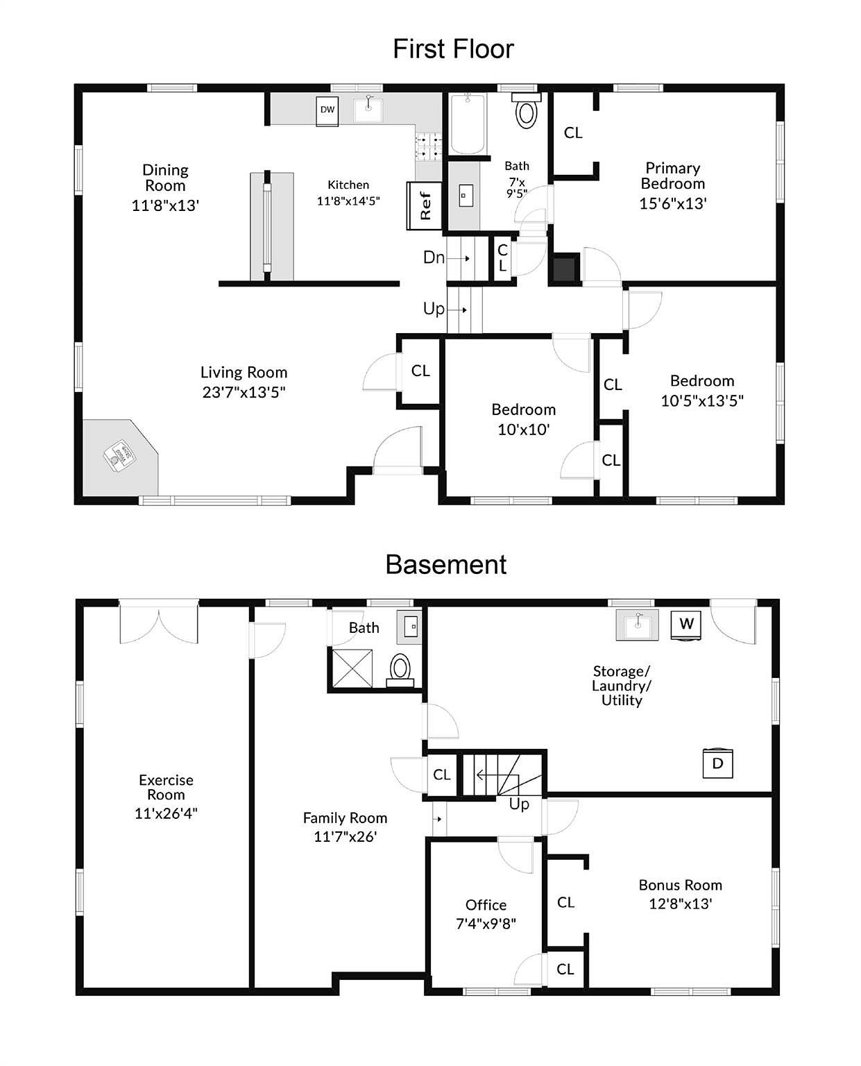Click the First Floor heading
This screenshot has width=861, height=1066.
point(453,49)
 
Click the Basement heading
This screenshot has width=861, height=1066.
point(445,564)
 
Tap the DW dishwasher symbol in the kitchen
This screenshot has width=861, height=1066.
point(327,111)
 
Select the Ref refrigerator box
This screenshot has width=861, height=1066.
point(424,205)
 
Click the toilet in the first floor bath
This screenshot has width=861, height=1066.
point(527,110)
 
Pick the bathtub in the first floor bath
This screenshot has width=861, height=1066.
point(468,124)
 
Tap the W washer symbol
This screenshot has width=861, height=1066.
point(686,625)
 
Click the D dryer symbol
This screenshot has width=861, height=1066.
point(717,763)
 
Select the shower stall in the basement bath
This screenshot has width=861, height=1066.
point(352,668)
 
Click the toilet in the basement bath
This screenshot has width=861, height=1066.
point(400,670)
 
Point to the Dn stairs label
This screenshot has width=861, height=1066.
point(434,257)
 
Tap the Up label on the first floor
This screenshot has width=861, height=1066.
point(434,309)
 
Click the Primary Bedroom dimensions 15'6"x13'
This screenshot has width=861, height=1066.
point(673,203)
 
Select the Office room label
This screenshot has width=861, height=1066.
point(486,904)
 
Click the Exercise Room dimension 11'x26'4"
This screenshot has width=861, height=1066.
point(166,813)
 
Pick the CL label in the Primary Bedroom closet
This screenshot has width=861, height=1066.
point(573,133)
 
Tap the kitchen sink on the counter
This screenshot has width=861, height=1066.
point(368,110)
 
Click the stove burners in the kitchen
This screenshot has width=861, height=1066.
point(428,146)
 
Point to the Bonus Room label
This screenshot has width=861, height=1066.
point(681,885)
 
